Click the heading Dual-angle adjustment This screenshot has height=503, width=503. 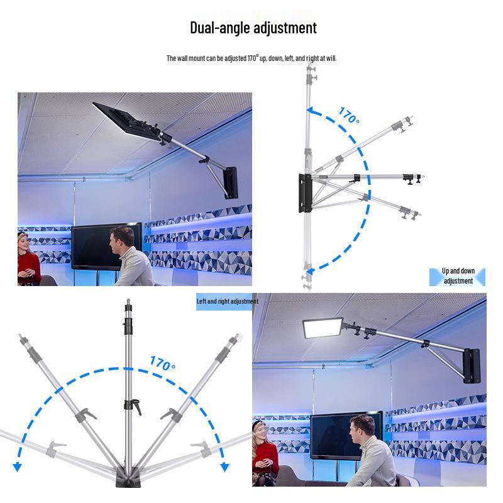[253, 28]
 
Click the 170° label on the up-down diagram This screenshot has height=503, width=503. [349, 116]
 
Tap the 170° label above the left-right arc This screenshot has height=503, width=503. [162, 363]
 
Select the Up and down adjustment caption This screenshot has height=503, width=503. [458, 276]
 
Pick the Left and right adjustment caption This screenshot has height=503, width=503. [227, 302]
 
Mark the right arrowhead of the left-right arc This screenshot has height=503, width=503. [224, 467]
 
